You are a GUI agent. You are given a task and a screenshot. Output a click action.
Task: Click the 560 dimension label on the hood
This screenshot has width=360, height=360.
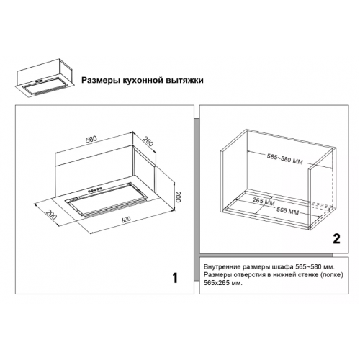91,139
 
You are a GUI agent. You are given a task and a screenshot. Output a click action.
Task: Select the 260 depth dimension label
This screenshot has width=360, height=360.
148,141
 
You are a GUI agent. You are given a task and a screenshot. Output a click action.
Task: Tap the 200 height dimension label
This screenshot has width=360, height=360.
178,197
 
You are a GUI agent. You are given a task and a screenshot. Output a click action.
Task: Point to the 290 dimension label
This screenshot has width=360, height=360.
51,215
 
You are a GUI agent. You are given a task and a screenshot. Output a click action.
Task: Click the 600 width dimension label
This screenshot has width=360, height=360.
126,220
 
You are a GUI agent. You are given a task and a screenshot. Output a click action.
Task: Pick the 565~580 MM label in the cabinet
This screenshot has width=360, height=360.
285,159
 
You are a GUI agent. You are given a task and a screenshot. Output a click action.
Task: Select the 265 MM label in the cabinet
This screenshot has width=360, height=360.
264,201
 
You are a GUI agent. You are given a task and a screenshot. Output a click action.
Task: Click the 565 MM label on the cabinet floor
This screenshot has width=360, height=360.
287,210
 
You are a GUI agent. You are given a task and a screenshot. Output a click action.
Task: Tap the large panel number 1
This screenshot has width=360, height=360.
175,278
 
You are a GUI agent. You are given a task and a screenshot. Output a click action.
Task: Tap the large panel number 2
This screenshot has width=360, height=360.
336,239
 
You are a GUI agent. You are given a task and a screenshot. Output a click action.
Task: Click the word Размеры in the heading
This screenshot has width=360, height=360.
101,80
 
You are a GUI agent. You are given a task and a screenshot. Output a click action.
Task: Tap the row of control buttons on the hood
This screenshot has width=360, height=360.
95,189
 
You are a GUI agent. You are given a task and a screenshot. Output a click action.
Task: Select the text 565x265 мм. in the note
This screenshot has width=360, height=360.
223,283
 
